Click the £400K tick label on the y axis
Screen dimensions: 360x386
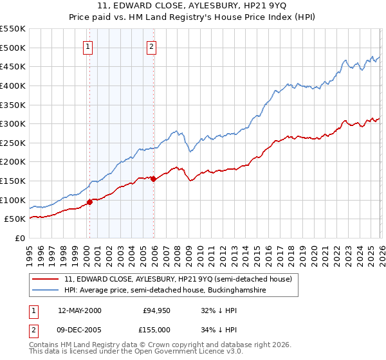pyautogui.click(x=13, y=85)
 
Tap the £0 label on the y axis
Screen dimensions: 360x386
pyautogui.click(x=19, y=239)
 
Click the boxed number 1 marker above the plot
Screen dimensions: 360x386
pyautogui.click(x=88, y=46)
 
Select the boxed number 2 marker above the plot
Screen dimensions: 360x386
pyautogui.click(x=151, y=46)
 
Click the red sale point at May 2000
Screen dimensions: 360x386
pyautogui.click(x=90, y=202)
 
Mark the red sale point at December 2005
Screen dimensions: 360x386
pyautogui.click(x=153, y=179)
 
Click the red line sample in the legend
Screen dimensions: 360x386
pyautogui.click(x=46, y=280)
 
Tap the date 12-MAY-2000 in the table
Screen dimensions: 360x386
pyautogui.click(x=80, y=310)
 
